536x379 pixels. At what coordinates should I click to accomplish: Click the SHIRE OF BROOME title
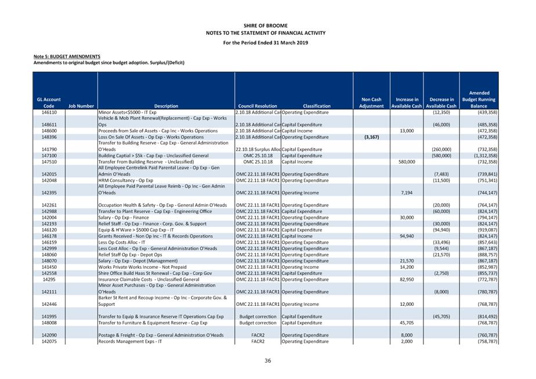[x=267, y=26]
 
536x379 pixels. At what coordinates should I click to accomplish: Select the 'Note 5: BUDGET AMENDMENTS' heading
[x=67, y=56]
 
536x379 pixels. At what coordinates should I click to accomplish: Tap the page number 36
[x=268, y=361]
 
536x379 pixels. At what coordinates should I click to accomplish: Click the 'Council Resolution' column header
[x=258, y=106]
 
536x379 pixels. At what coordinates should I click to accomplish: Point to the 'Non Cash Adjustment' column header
[x=371, y=103]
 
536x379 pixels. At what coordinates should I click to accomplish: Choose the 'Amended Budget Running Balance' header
[x=479, y=99]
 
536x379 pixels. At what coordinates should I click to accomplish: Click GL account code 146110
[x=49, y=112]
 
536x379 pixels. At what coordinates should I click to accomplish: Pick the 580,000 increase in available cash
[x=405, y=161]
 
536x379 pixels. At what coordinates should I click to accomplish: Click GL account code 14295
[x=49, y=279]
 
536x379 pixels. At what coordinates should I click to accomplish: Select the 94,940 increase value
[x=407, y=236]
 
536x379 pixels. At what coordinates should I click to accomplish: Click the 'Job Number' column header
[x=81, y=106]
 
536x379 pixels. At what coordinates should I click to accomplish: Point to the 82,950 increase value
[x=407, y=279]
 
